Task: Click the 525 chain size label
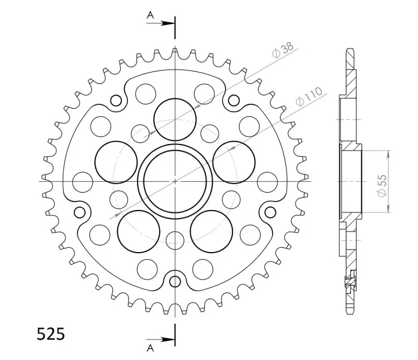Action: tap(50, 334)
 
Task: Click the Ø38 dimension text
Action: tap(283, 50)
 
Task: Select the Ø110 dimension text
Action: tap(309, 97)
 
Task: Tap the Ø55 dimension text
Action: tap(382, 185)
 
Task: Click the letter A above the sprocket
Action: tap(150, 16)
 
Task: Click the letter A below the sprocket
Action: tap(150, 348)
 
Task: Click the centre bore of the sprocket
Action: tap(175, 181)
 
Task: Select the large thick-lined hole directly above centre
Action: tap(175, 119)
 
